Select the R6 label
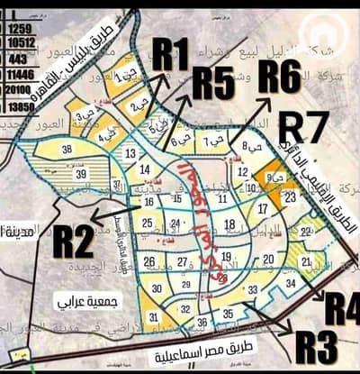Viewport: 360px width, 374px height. [x=280, y=77]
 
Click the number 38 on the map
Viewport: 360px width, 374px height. [x=67, y=150]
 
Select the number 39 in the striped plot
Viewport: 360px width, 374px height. [x=81, y=173]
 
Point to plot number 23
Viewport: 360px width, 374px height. [x=290, y=196]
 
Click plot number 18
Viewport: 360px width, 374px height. [x=230, y=224]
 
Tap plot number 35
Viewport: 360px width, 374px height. [x=229, y=315]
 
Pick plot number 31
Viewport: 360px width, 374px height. [x=154, y=317]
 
